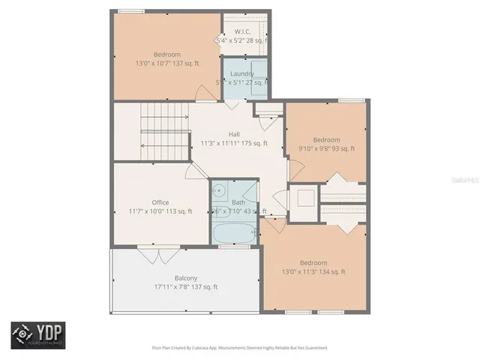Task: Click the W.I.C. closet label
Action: coord(241,31)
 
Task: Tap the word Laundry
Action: coord(241,73)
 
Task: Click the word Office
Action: coord(160,202)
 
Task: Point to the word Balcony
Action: coord(185,277)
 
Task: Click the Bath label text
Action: coord(238,202)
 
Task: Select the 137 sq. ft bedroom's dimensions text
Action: coord(167,64)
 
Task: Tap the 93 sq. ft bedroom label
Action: coord(326,139)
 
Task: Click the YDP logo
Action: coord(37,335)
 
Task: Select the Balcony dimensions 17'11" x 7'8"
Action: coord(185,286)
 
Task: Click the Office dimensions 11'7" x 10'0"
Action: coord(160,211)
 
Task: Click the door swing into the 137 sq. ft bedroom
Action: coord(202,94)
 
